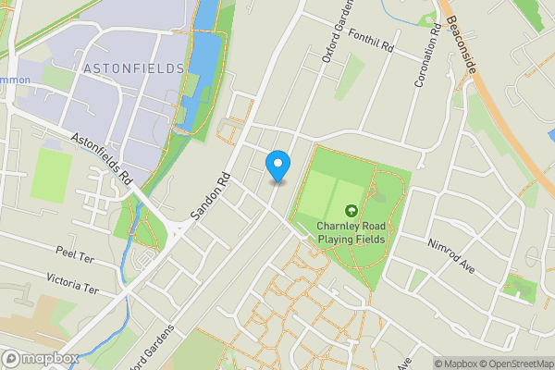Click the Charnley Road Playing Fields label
coord(351,232)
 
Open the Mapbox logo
coord(41,359)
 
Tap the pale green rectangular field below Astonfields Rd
coord(52,175)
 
